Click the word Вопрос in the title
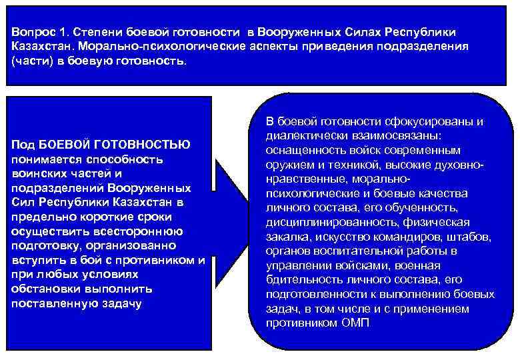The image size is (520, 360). (32, 33)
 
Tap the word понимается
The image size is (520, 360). (44, 159)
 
